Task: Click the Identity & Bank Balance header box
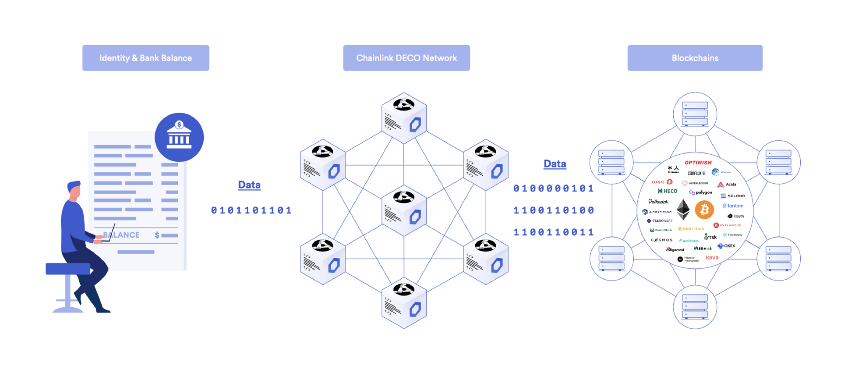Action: point(145,58)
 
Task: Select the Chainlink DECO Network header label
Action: point(406,58)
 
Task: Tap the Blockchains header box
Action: point(695,58)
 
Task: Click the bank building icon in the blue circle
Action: point(179,136)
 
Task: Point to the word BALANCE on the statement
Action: point(121,235)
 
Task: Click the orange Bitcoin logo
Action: point(704,210)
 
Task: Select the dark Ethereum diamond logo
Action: point(683,210)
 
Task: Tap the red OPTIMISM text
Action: point(698,163)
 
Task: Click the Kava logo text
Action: point(712,257)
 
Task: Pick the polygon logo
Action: point(701,192)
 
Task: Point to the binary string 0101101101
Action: point(251,210)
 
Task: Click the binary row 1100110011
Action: point(554,232)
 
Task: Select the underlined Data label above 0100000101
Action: point(555,164)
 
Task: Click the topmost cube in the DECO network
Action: point(404,117)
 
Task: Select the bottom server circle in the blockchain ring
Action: point(695,306)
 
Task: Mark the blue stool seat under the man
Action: point(68,268)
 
